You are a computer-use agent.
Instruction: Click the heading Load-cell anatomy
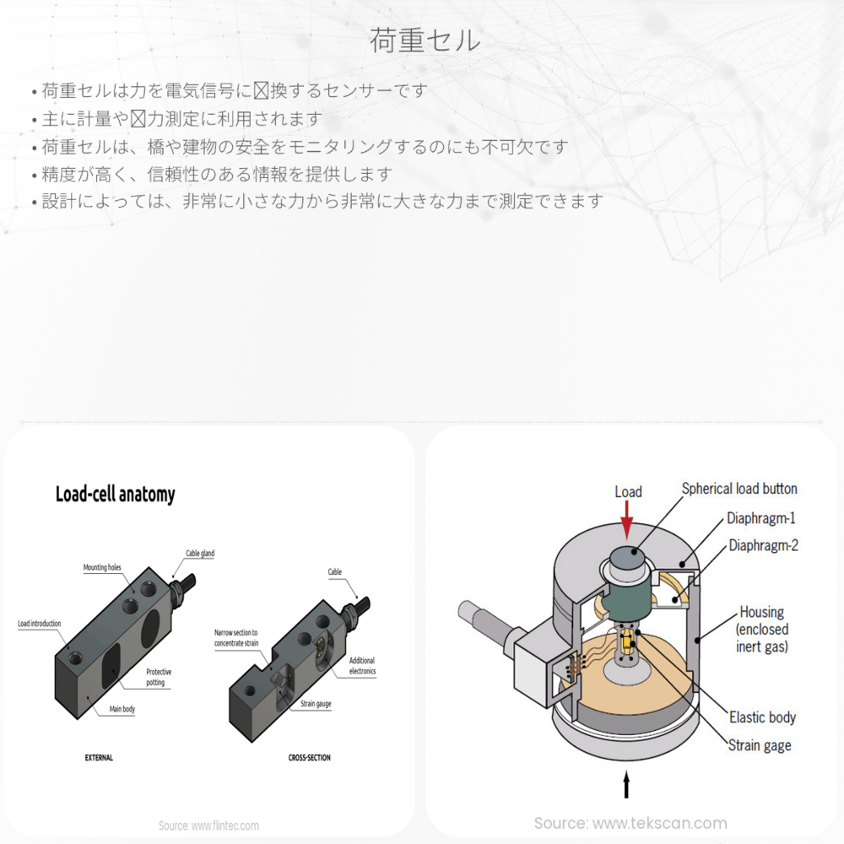tap(115, 494)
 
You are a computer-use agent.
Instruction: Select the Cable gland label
tap(200, 554)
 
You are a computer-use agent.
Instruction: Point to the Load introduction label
tap(39, 624)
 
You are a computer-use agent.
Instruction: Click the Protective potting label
tap(158, 677)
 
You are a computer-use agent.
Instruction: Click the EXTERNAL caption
tap(99, 758)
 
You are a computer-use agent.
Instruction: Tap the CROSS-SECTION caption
tap(309, 758)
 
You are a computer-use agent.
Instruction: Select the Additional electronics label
tap(362, 666)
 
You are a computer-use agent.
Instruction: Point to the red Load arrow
tap(626, 520)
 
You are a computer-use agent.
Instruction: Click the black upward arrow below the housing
tap(625, 786)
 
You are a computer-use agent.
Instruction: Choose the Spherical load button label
tap(739, 489)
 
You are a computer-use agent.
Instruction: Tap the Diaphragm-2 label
tap(764, 545)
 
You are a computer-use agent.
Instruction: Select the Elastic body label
tap(762, 717)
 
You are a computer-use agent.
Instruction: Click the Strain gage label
tap(760, 745)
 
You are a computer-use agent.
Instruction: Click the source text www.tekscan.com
tap(630, 823)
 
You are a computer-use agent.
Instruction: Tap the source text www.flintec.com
tap(209, 825)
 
